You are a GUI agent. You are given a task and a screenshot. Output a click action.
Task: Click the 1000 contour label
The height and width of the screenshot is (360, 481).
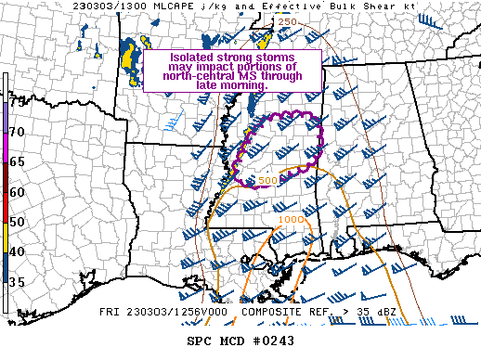click(x=291, y=220)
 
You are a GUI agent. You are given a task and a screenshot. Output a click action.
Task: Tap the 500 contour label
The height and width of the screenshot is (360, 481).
click(x=267, y=180)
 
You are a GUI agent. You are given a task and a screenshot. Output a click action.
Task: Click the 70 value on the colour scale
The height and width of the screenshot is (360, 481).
click(x=18, y=132)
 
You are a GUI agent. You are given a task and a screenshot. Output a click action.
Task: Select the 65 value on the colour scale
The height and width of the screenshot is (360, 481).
click(x=18, y=161)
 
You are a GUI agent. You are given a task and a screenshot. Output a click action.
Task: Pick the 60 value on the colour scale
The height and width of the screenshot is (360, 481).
click(x=18, y=192)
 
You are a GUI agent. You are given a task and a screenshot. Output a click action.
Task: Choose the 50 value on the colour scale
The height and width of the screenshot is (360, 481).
click(x=18, y=222)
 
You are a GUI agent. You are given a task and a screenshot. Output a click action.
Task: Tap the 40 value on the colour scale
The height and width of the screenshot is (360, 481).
click(x=18, y=251)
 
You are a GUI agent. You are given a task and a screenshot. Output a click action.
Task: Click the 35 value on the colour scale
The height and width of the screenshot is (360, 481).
click(x=18, y=281)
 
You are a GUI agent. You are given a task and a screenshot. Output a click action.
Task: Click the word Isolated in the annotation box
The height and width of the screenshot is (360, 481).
click(x=193, y=57)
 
